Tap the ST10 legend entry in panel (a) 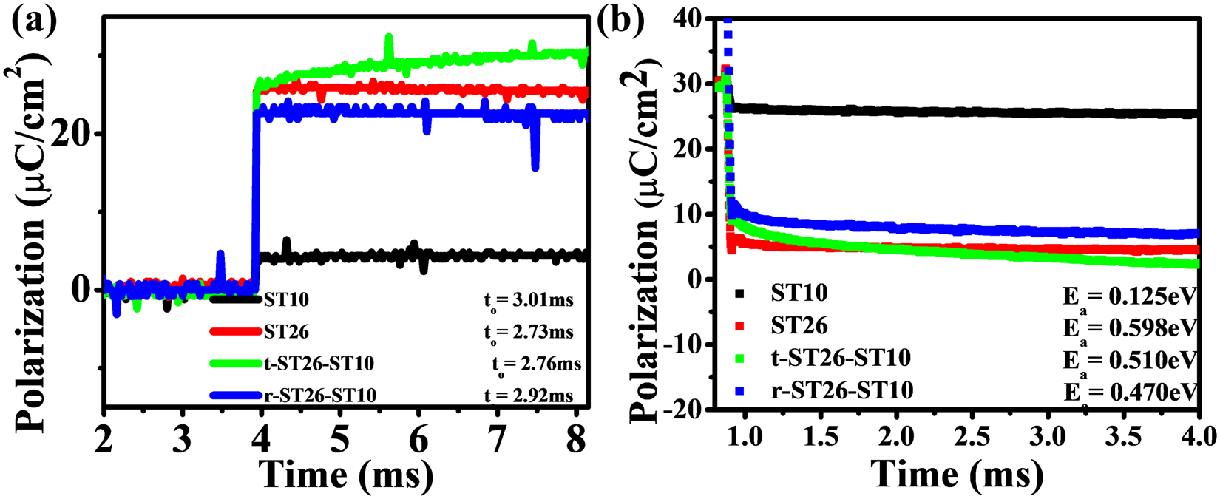tap(285, 300)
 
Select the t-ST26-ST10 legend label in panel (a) tap(318, 364)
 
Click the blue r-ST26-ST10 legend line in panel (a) tap(236, 396)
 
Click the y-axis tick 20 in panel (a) tap(83, 134)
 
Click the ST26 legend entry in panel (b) tap(799, 325)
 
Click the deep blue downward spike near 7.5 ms tap(535, 161)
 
